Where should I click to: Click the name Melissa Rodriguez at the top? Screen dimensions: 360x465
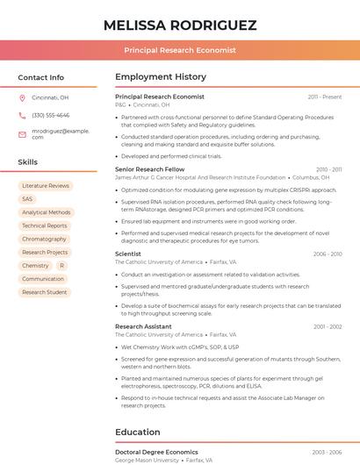point(180,25)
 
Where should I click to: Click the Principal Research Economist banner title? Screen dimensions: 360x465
point(180,51)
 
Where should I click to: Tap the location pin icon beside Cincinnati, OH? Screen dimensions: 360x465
point(22,98)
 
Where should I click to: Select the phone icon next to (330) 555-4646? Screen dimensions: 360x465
point(22,115)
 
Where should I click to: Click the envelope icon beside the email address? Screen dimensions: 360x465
point(22,133)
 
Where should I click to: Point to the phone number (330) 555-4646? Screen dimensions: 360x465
point(50,115)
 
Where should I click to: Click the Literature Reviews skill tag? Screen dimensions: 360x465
point(46,186)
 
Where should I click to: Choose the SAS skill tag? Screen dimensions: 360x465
point(27,199)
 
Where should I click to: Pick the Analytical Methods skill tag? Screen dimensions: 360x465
point(46,212)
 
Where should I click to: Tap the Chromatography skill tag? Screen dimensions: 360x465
point(44,239)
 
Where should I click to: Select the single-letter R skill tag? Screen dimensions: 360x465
point(61,265)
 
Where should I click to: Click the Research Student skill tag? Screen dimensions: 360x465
point(44,292)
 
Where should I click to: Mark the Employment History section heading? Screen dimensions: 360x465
point(161,77)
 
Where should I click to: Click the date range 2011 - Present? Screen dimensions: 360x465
point(324,97)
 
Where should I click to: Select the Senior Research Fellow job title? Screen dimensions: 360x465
point(149,169)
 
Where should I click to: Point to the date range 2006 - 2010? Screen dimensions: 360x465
point(327,254)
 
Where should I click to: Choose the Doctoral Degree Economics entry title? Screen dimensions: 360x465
point(156,452)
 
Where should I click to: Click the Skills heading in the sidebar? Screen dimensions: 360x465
point(28,162)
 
